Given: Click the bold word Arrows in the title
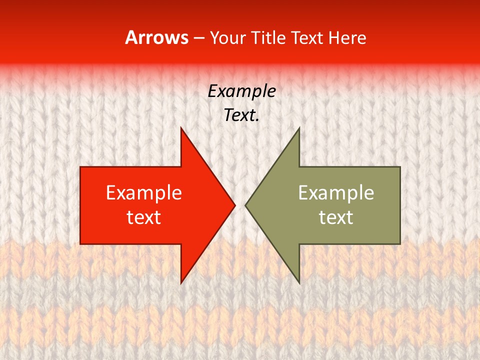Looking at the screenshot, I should point(157,37).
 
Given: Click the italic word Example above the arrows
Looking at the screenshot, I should point(241,91).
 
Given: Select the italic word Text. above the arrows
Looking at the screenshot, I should point(241,115).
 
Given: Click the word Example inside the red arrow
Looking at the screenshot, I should point(144,193).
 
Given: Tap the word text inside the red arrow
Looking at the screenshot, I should point(144,217).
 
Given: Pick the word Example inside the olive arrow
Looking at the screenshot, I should point(336,193).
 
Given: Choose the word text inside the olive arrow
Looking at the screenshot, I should point(336,217).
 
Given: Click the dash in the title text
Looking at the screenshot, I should point(198,38).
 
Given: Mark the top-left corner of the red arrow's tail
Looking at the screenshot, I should point(81,167).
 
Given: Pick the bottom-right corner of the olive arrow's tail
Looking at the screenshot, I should point(399,243).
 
